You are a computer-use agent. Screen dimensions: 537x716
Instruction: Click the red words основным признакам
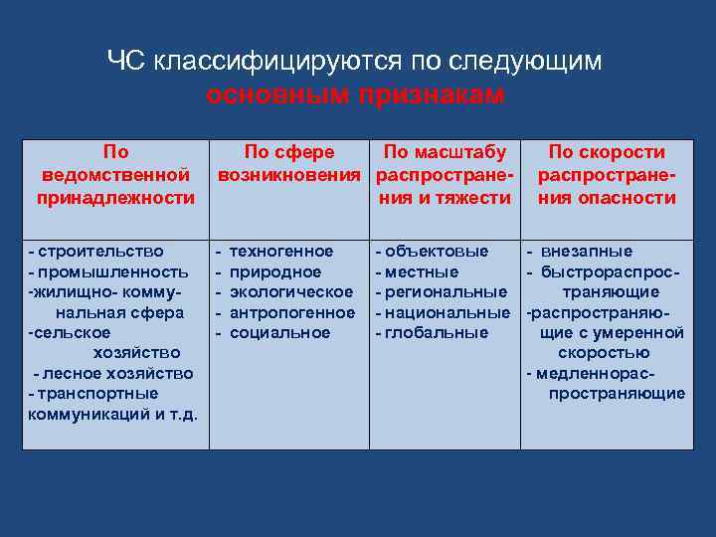(355, 94)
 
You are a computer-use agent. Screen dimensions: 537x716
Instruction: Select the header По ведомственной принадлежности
(115, 175)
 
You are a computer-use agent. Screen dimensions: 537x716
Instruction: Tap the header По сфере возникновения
(289, 163)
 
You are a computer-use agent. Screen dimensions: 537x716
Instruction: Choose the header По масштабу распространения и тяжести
(445, 175)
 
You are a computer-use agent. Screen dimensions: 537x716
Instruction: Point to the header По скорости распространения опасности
(607, 175)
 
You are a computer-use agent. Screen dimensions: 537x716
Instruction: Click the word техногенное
(281, 252)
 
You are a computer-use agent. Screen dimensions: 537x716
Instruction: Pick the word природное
(275, 271)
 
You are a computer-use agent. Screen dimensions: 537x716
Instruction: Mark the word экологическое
(291, 291)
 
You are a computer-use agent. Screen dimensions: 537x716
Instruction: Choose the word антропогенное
(292, 312)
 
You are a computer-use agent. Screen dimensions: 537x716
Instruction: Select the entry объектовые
(436, 252)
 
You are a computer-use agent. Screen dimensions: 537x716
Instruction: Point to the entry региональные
(444, 291)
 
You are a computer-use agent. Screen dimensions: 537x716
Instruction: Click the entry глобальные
(436, 332)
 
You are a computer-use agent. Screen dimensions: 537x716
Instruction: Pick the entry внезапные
(594, 252)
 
